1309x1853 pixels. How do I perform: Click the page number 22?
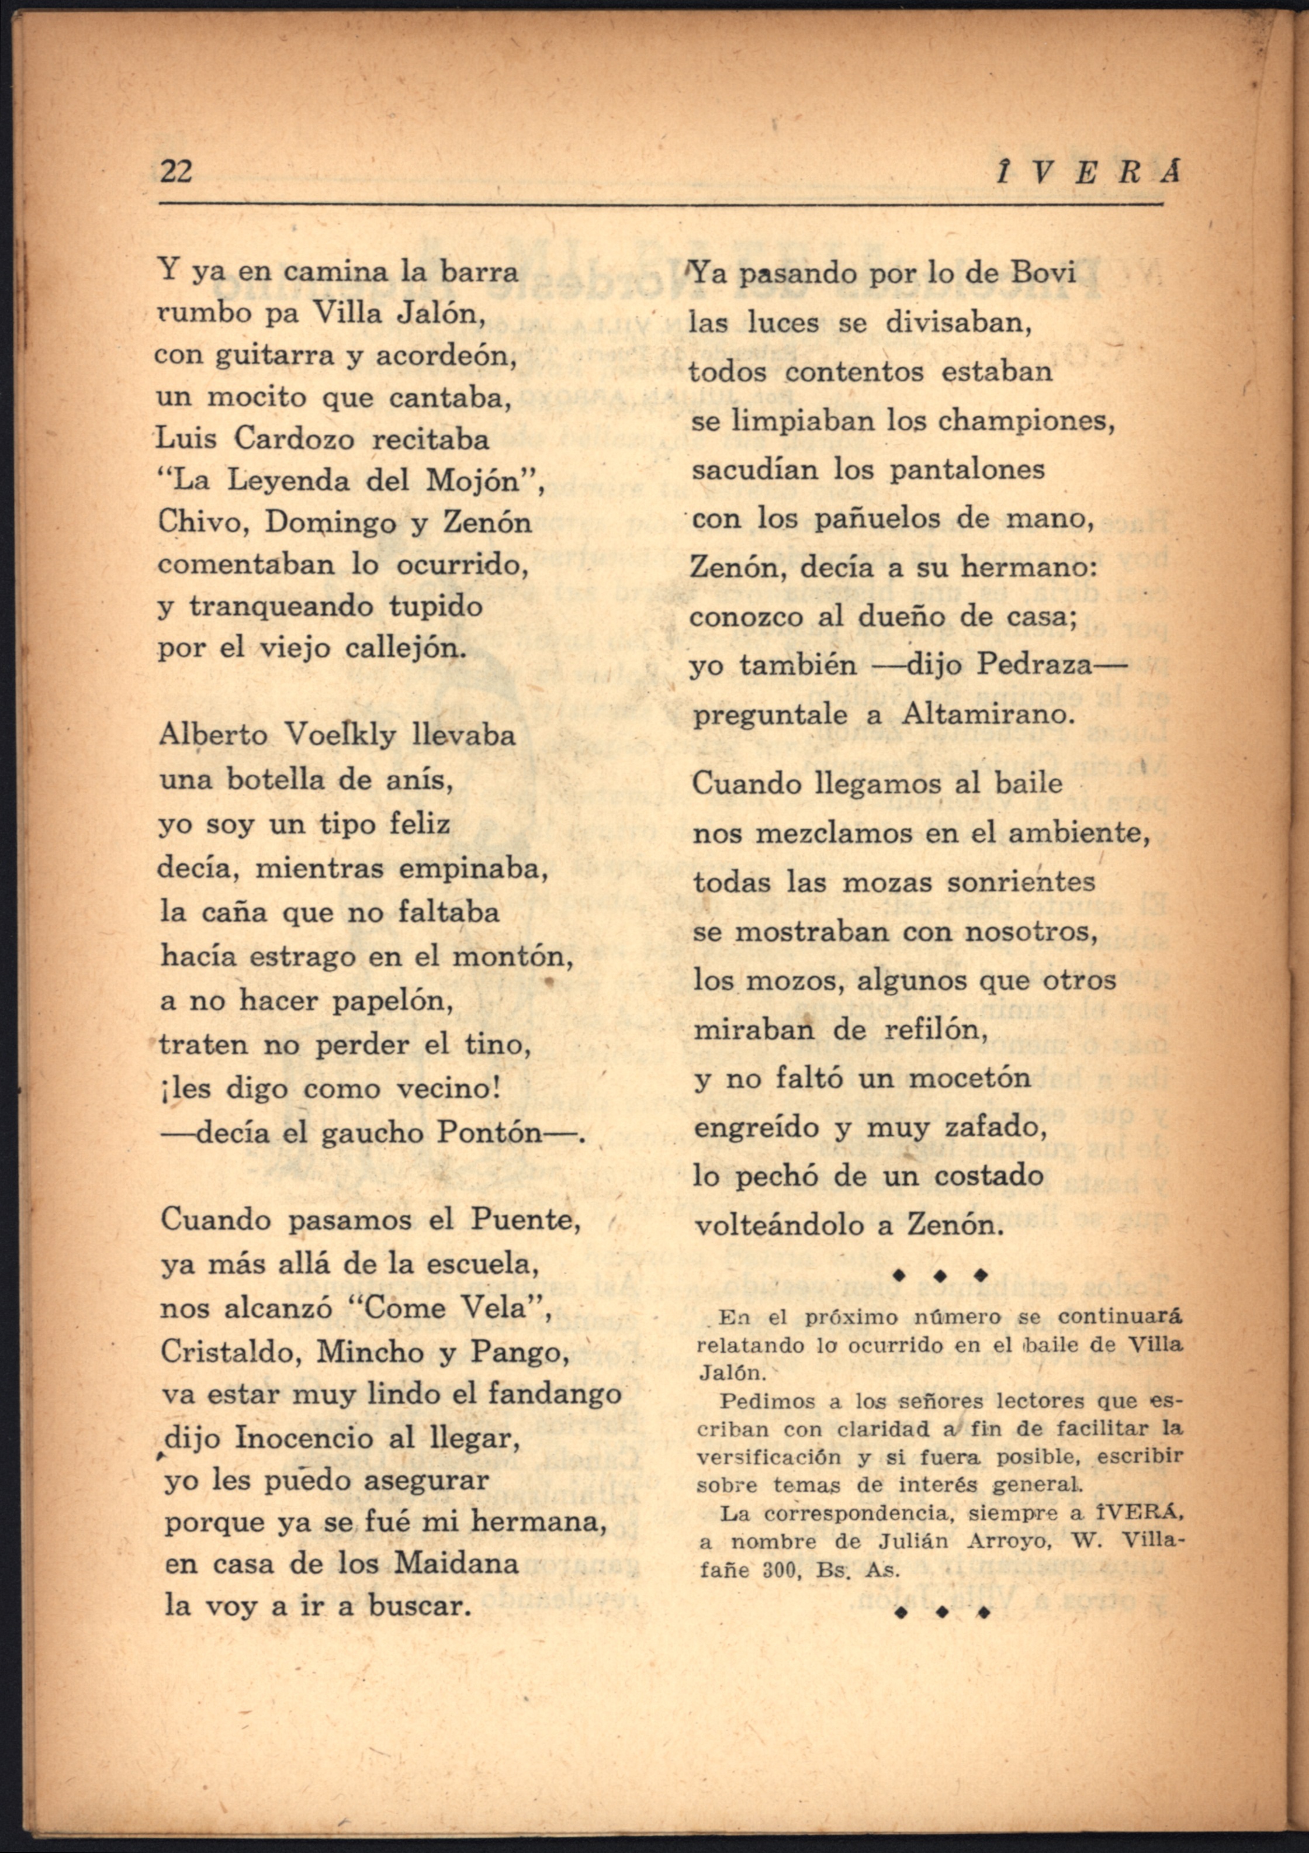[176, 171]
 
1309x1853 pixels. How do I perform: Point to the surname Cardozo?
[294, 439]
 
